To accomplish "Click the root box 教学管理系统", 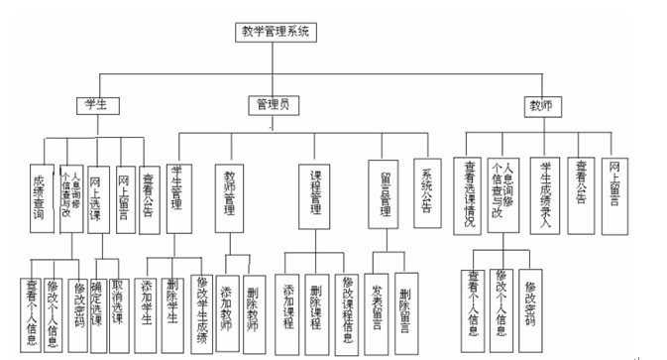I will (x=277, y=32).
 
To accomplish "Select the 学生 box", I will (x=97, y=104).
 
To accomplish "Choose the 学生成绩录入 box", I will (x=543, y=193).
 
